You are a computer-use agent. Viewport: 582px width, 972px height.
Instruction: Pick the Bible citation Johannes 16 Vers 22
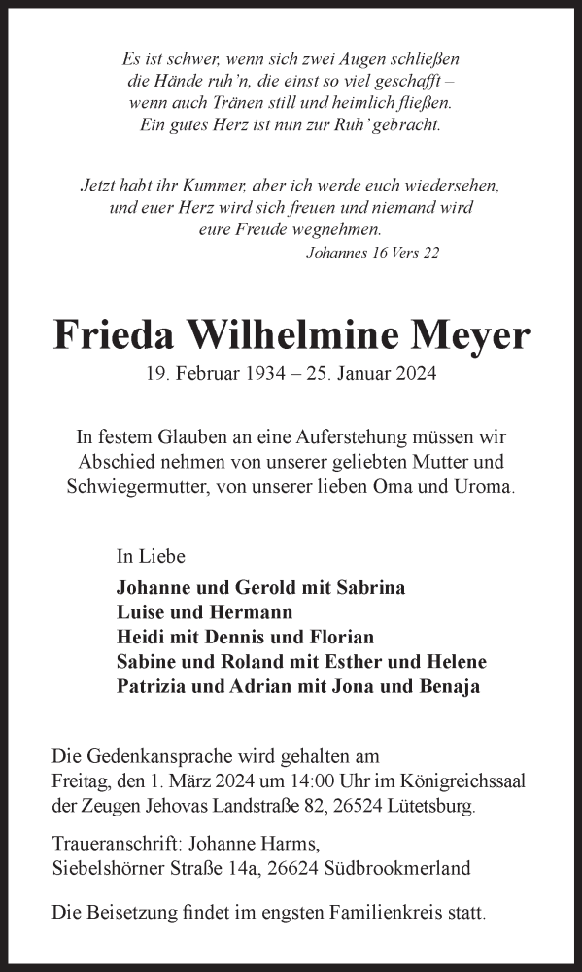[372, 253]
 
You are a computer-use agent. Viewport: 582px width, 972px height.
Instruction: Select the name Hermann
[248, 612]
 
